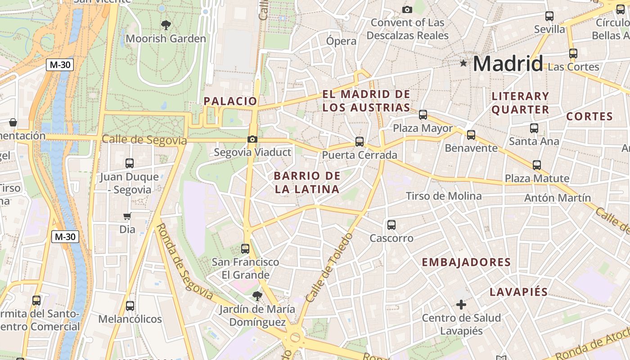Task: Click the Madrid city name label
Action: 508,63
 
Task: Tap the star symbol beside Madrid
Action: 463,63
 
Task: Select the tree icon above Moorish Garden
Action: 166,25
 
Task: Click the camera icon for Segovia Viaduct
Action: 252,139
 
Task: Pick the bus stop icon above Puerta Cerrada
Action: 360,142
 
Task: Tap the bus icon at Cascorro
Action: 391,225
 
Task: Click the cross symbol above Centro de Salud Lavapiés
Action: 461,305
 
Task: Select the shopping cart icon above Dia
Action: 127,216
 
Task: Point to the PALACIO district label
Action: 230,101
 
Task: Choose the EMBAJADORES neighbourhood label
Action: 466,262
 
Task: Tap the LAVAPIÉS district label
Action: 519,292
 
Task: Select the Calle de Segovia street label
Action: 144,140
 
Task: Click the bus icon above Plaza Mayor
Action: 423,114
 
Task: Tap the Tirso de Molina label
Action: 444,196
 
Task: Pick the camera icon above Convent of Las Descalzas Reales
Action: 407,9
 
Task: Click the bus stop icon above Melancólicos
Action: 130,306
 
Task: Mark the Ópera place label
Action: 341,41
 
